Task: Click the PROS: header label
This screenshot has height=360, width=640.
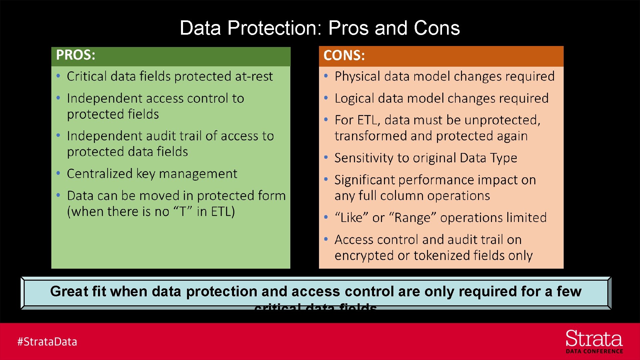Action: coord(76,55)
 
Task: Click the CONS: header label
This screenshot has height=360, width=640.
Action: coord(344,55)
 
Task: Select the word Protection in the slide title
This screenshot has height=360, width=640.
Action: coord(275,28)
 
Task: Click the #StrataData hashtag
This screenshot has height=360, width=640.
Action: coord(47,342)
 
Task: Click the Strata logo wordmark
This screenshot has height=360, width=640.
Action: coord(594,339)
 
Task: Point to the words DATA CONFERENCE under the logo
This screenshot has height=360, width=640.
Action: coord(594,351)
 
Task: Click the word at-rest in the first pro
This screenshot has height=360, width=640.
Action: coord(254,76)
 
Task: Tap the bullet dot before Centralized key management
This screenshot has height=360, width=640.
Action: coord(58,173)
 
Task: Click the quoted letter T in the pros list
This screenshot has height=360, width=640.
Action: coord(183,212)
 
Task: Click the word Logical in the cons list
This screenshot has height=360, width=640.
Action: coord(354,98)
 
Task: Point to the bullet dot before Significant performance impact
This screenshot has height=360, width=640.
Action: coord(326,180)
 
